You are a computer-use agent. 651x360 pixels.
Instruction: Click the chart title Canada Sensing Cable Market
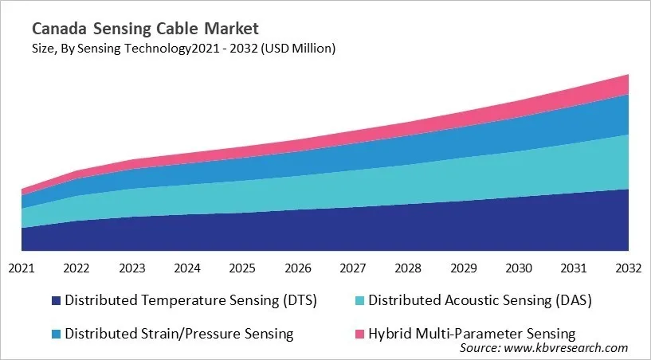pos(145,29)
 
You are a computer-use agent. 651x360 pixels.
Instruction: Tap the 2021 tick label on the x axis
pos(22,268)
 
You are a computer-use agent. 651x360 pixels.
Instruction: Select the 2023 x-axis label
pos(131,268)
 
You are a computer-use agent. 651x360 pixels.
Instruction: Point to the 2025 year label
pos(242,268)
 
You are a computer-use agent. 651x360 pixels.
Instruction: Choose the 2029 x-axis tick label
pos(463,268)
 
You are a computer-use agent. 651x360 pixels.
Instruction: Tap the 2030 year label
pos(518,268)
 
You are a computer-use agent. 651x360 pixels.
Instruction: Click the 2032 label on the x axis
pos(628,268)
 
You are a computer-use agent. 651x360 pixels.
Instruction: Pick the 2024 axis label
pos(187,268)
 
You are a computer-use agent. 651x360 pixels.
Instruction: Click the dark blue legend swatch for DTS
pos(56,301)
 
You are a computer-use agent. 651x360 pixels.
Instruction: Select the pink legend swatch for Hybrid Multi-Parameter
pos(359,334)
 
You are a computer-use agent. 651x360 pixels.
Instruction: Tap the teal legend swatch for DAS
pos(359,301)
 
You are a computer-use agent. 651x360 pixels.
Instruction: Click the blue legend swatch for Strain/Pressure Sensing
pos(56,334)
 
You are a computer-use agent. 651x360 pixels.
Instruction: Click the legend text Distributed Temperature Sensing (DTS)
pos(191,301)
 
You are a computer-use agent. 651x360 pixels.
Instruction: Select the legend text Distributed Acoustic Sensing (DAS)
pos(480,301)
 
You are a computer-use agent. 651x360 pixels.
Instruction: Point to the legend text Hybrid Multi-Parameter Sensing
pos(472,333)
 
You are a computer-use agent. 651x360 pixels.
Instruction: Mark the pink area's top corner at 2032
pos(628,74)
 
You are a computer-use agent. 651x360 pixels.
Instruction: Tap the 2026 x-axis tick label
pos(297,268)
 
